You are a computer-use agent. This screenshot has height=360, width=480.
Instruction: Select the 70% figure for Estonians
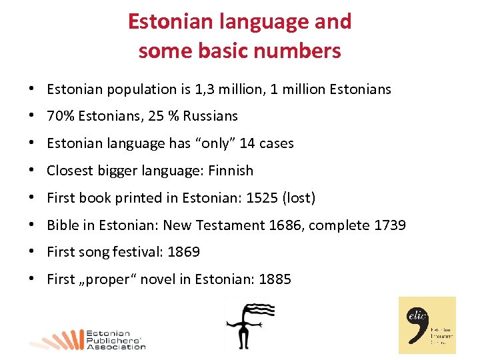point(61,116)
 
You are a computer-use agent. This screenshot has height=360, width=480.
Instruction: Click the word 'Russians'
point(211,116)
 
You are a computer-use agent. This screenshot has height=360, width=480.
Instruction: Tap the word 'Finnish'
point(231,171)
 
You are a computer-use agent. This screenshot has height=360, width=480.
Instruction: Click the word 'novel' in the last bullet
point(156,280)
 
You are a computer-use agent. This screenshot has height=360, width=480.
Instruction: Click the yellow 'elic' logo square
point(427,325)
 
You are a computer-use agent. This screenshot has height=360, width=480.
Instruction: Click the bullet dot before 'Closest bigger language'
point(31,171)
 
